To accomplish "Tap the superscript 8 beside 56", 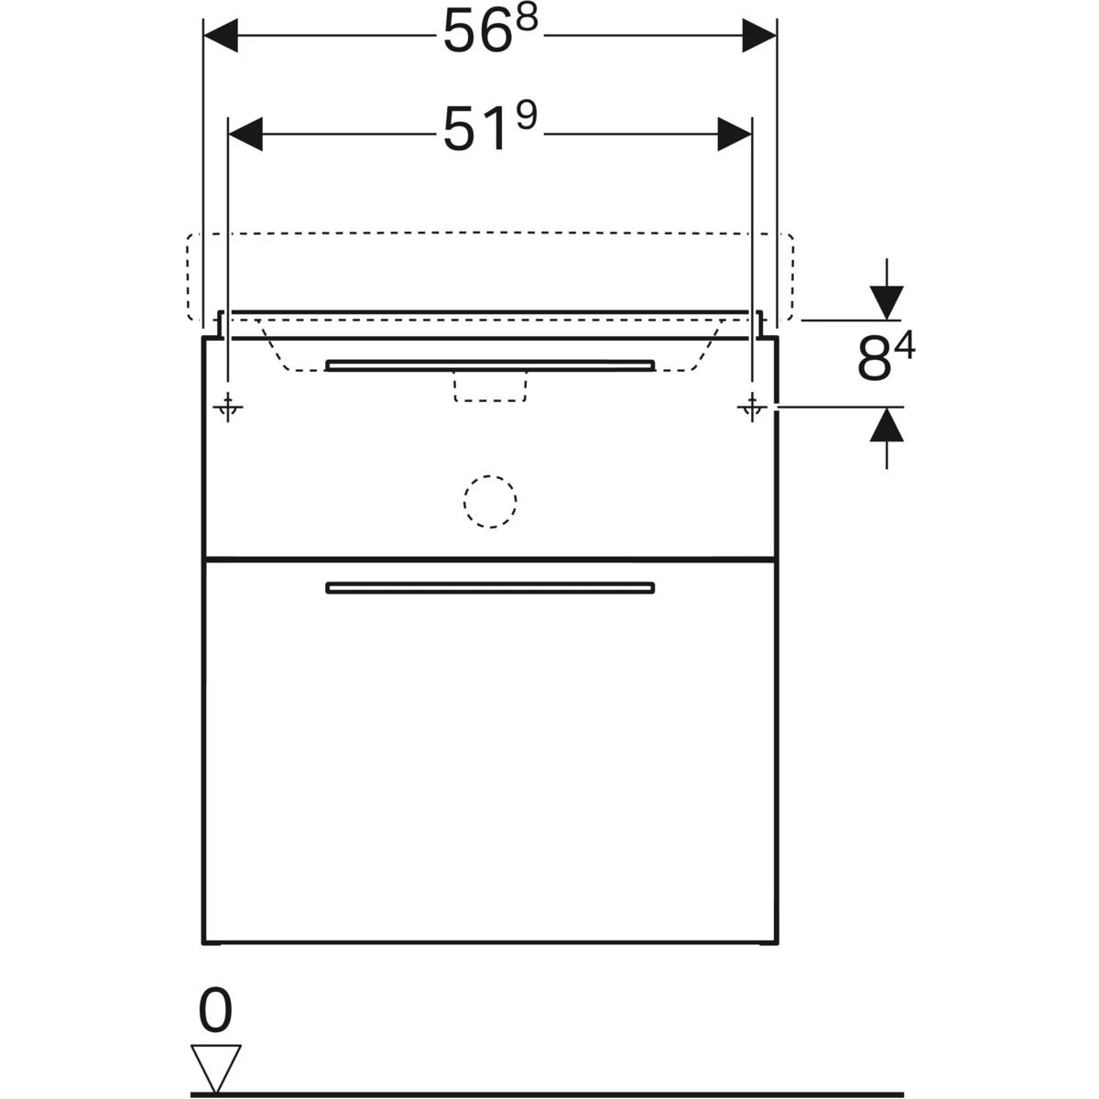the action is [x=526, y=19].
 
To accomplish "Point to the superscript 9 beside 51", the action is [x=526, y=116].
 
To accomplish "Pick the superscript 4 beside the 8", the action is [x=904, y=345].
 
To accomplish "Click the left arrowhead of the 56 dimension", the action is [x=221, y=36].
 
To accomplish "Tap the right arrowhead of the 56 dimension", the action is [x=759, y=36].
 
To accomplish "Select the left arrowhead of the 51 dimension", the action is [x=245, y=134].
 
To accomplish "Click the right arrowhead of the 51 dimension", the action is [x=734, y=134].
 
